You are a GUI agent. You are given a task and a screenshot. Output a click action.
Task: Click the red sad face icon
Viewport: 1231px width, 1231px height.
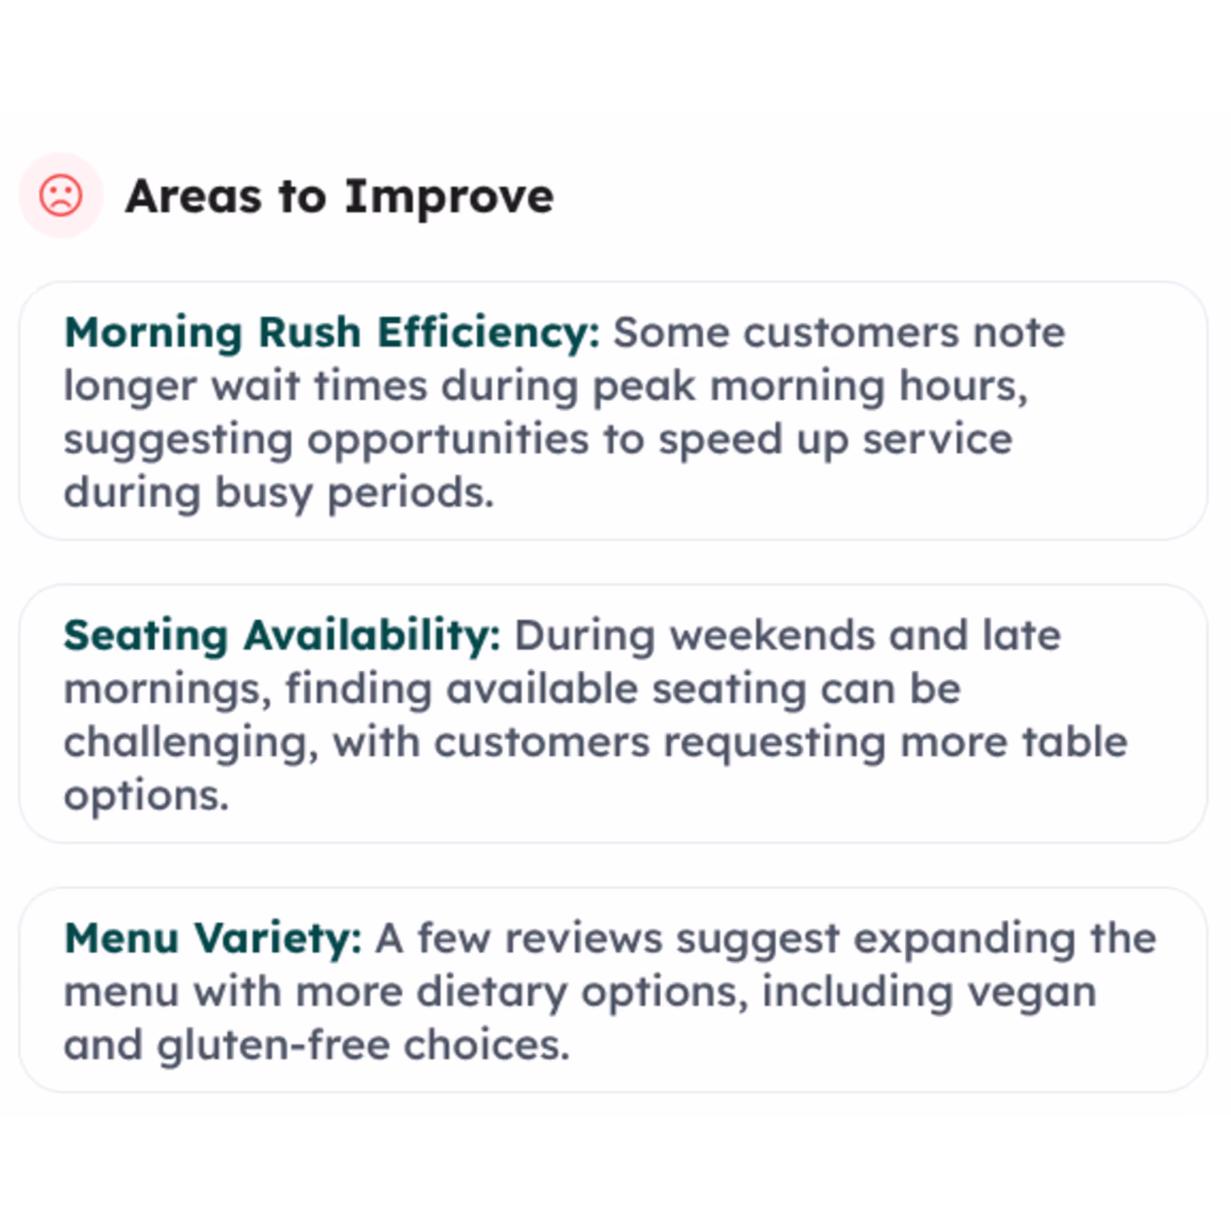60,195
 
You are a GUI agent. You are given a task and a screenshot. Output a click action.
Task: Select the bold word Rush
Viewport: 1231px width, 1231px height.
310,333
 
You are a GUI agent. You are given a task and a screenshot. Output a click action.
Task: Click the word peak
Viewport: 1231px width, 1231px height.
644,388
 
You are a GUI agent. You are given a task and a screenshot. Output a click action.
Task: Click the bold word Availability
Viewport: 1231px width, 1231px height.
372,637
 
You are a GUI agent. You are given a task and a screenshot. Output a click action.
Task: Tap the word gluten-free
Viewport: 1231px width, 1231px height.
274,1046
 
